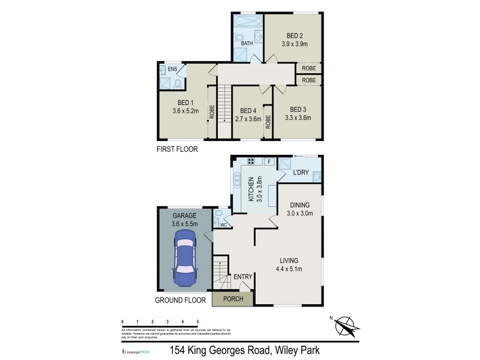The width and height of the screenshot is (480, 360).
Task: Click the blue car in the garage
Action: tap(185, 262)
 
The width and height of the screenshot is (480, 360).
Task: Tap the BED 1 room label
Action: tap(185, 102)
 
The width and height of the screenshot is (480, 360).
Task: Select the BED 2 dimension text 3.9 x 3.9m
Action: tap(294, 43)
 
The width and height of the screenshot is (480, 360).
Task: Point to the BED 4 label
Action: tap(248, 110)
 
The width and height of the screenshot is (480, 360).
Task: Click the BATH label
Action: tap(247, 44)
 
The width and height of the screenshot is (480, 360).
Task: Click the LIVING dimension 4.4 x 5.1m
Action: tap(289, 269)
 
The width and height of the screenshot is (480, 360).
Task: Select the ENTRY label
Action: tap(243, 277)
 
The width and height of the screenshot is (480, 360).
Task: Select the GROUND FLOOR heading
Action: tap(181, 299)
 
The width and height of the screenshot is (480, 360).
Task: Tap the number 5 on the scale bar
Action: tap(197, 322)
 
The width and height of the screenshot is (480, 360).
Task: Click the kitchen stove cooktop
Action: tap(250, 161)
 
